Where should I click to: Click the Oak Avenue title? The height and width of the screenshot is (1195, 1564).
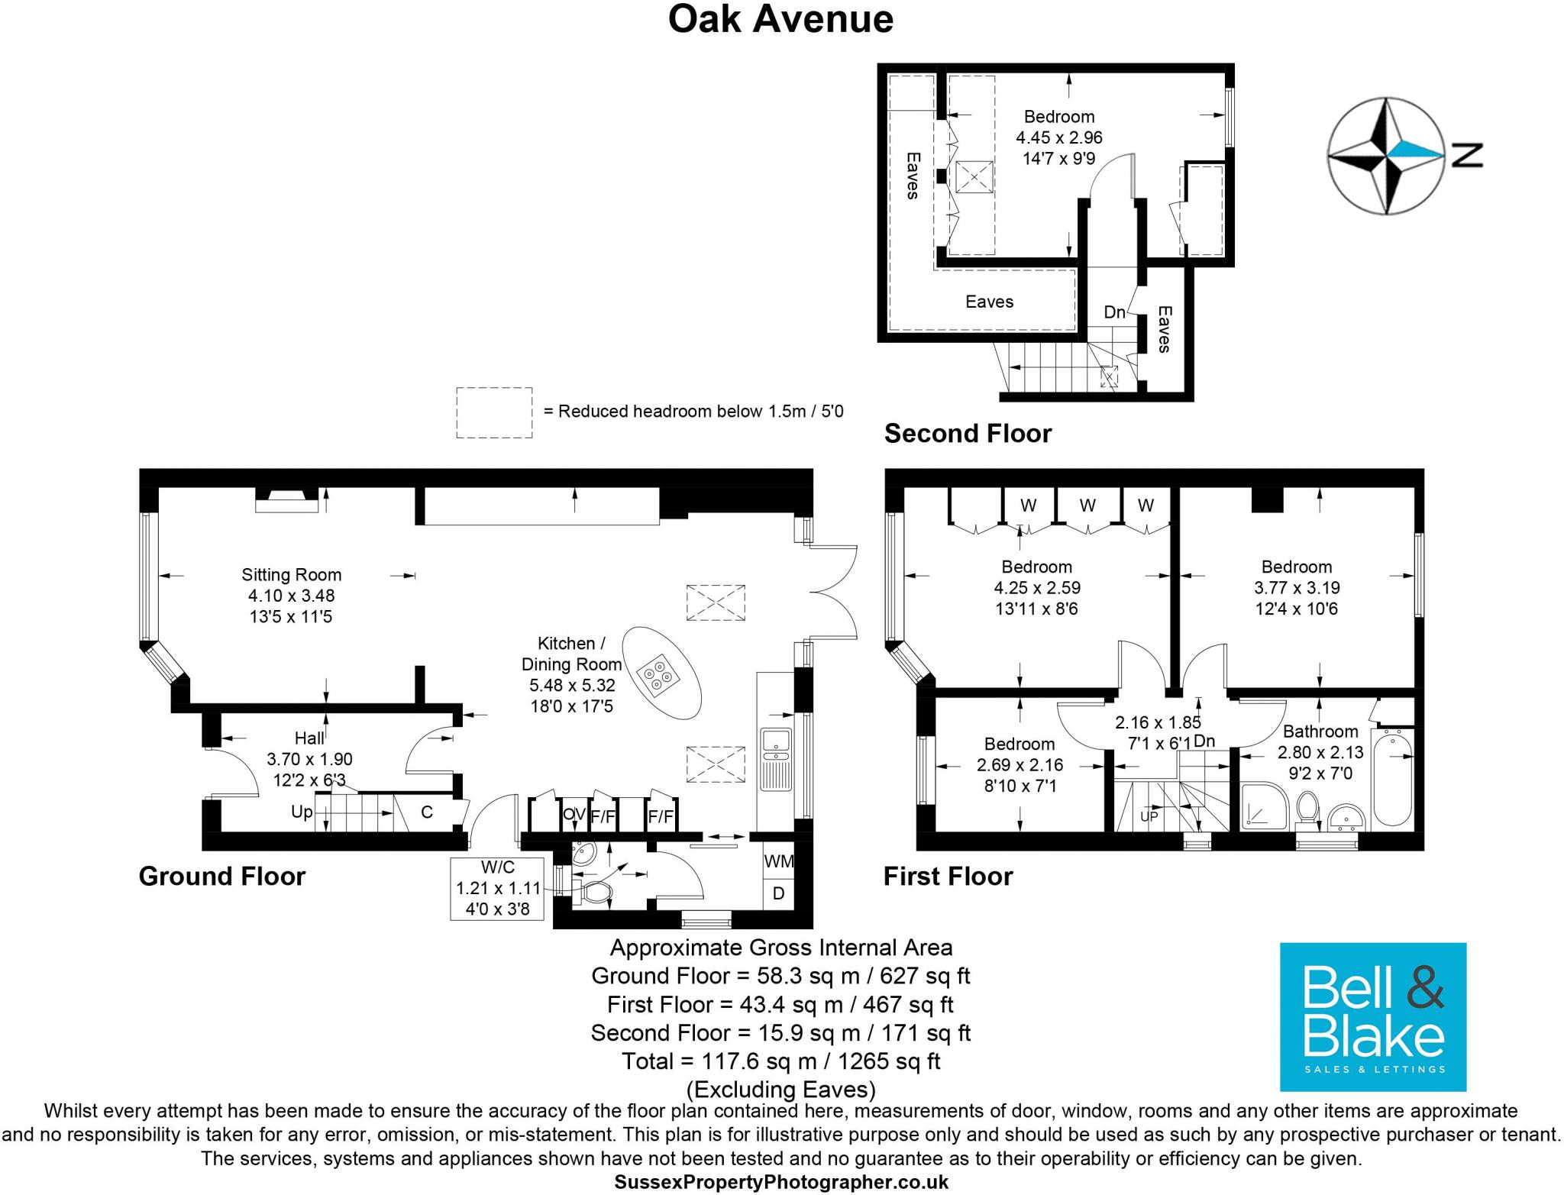pos(780,19)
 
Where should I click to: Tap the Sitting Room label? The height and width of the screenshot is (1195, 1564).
pos(291,575)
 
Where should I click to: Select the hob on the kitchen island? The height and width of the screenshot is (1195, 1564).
pos(658,676)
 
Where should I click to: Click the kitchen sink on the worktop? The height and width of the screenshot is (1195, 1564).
pos(776,741)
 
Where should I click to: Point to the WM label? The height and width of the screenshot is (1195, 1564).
pos(778,861)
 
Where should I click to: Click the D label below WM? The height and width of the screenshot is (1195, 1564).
pos(778,893)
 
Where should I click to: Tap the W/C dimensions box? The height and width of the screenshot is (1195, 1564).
pos(497,889)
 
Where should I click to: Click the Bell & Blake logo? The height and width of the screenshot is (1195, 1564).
pos(1372,1016)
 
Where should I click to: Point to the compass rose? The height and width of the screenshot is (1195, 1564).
pos(1386,155)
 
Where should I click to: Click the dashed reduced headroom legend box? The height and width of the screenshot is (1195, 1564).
pos(494,412)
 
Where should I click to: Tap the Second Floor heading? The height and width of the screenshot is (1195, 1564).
pos(968,434)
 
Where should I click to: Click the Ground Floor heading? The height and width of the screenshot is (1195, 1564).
pos(222,876)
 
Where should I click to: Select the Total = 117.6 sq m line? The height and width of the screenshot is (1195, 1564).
pos(780,1061)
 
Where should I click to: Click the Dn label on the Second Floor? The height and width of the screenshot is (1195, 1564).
pos(1114,312)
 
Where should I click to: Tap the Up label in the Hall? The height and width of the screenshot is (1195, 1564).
pos(302,812)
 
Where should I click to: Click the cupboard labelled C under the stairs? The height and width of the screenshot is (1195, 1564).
pos(427,812)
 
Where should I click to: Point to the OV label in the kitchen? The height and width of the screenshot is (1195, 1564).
pos(574,815)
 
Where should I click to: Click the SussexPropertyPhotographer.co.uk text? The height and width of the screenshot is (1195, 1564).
pos(781,1182)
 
